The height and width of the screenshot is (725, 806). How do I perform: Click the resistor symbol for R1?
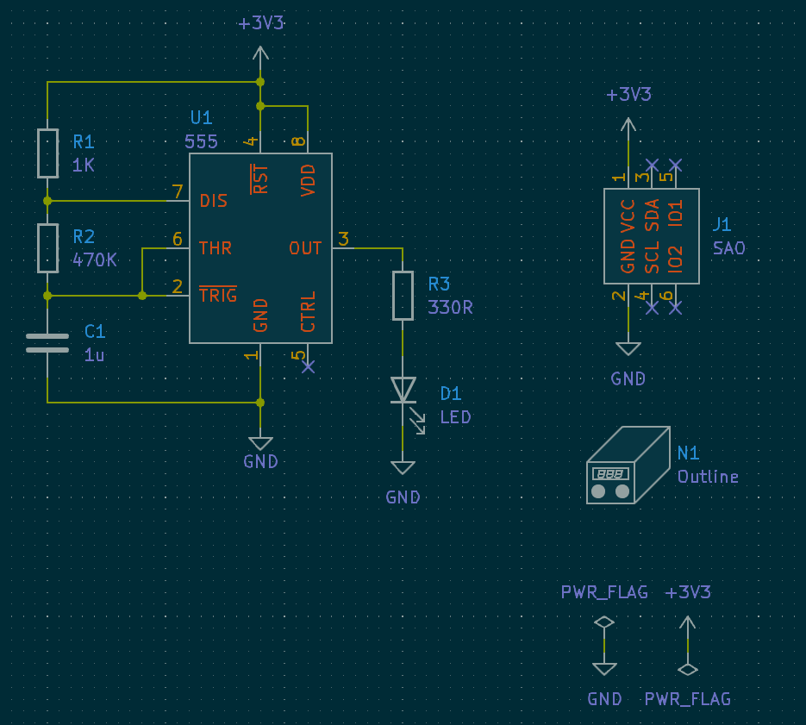(47, 153)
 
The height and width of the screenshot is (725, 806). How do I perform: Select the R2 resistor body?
(47, 247)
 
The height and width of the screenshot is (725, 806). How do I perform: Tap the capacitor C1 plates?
(47, 343)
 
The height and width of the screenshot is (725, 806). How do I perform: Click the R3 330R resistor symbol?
(403, 296)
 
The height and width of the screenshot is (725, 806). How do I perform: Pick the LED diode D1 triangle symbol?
(403, 390)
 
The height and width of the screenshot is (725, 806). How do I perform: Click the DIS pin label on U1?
(214, 201)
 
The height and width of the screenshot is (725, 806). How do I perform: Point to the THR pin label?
(216, 248)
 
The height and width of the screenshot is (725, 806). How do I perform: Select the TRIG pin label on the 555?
(217, 296)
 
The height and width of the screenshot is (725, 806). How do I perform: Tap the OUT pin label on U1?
(305, 248)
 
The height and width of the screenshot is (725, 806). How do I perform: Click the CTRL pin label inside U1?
(309, 311)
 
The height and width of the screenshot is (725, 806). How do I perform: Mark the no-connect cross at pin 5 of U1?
(309, 366)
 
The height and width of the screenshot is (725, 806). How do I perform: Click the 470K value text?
(95, 259)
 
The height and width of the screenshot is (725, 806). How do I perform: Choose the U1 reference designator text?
(201, 118)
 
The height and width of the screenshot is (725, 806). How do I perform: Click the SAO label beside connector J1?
(728, 248)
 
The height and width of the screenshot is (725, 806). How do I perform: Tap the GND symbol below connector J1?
(628, 349)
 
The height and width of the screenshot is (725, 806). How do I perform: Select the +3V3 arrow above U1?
(260, 54)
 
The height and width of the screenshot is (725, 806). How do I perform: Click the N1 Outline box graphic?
(628, 466)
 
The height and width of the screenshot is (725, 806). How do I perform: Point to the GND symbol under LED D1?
(403, 468)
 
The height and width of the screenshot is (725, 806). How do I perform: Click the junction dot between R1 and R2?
(47, 201)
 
